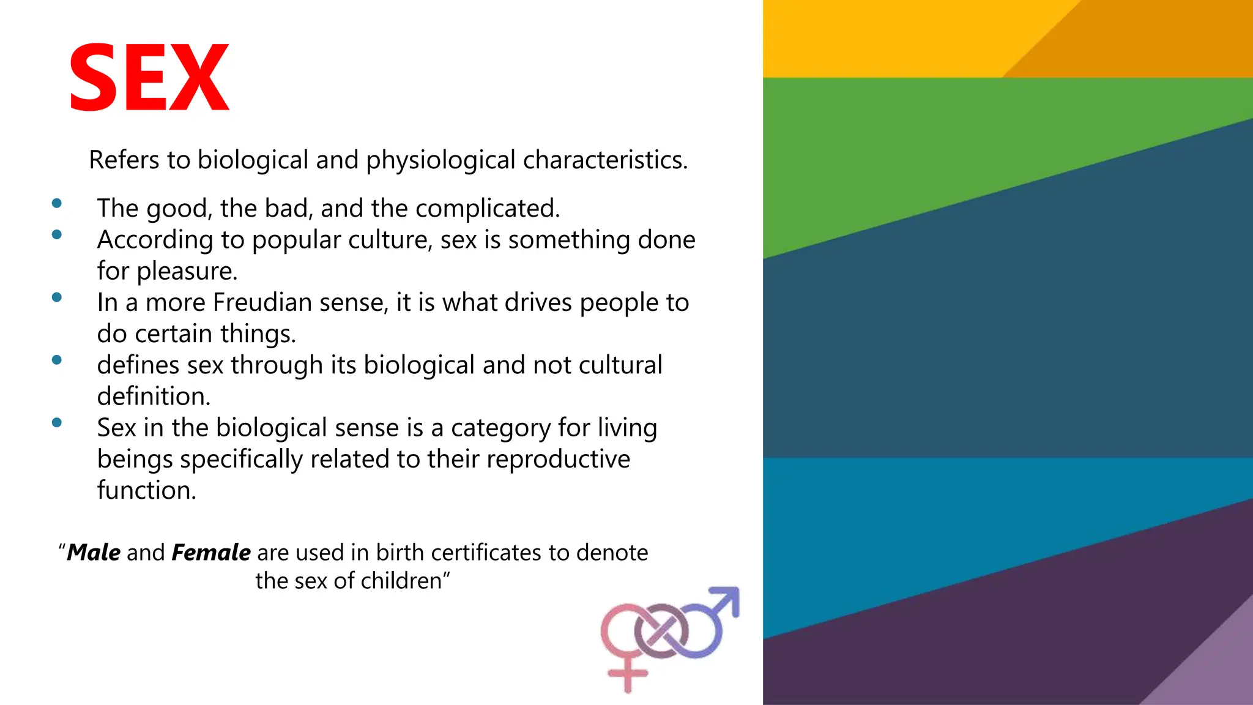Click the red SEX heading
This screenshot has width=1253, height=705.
[149, 78]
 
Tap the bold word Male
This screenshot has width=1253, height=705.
[94, 553]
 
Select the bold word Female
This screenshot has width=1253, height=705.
[211, 553]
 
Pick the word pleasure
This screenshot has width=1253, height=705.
[187, 271]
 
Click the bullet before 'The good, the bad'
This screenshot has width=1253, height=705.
[57, 203]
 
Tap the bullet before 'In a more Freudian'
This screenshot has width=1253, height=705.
[57, 297]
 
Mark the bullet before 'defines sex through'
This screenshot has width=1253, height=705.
[57, 360]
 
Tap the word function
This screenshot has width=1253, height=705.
[147, 490]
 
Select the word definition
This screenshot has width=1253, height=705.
[154, 397]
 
